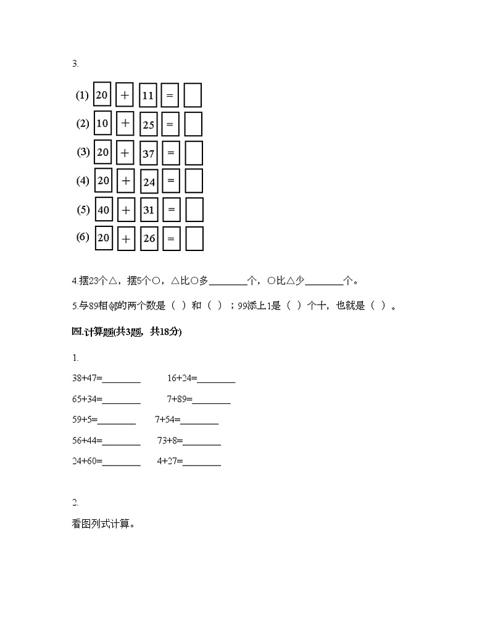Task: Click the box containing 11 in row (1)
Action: click(148, 96)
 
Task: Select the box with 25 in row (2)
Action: click(149, 124)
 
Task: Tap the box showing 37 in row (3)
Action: click(149, 153)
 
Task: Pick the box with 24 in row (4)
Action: click(149, 181)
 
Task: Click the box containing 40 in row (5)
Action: click(103, 210)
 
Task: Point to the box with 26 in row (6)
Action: click(149, 238)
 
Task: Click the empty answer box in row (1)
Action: click(193, 96)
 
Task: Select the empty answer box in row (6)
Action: click(194, 238)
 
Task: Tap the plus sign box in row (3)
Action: click(125, 152)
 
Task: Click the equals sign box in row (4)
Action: click(171, 181)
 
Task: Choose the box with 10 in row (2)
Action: click(102, 123)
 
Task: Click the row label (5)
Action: click(83, 210)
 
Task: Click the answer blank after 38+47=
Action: click(122, 380)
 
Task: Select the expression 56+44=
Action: click(87, 440)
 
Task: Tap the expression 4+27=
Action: click(170, 461)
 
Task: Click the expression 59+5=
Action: click(85, 420)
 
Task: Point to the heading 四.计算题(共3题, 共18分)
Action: click(127, 332)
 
